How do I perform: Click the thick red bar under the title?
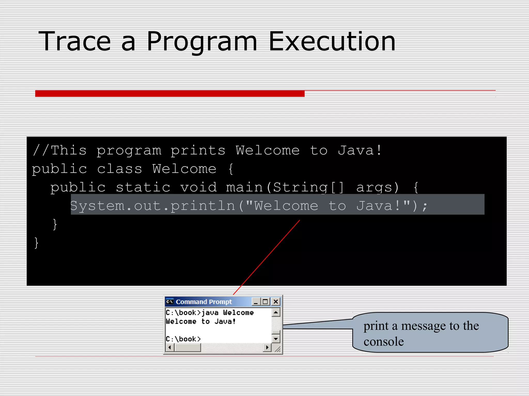[170, 93]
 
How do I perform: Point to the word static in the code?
[143, 187]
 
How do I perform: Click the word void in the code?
[198, 187]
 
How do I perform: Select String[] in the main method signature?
[308, 187]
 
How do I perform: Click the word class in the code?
[120, 169]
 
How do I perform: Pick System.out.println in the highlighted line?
[152, 206]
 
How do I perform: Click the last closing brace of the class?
[36, 243]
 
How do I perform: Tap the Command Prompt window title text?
[204, 302]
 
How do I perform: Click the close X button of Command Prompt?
[276, 302]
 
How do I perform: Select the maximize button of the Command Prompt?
[265, 302]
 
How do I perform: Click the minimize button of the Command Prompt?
[256, 302]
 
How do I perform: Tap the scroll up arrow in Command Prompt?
[276, 313]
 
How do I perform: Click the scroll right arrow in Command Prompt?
[267, 348]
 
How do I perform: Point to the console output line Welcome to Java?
[201, 321]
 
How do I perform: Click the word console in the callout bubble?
[384, 342]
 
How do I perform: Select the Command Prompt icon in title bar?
[170, 302]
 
